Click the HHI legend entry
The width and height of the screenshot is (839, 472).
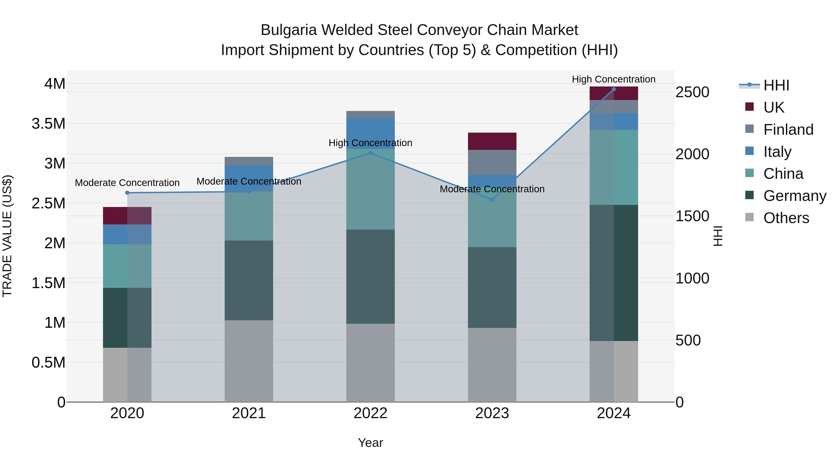tap(776, 85)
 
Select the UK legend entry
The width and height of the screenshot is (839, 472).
tap(774, 107)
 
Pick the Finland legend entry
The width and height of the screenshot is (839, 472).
tap(788, 130)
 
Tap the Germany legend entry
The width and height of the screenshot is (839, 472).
tap(794, 196)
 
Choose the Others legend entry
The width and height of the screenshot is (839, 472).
tap(786, 218)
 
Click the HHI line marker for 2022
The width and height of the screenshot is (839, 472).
tap(370, 153)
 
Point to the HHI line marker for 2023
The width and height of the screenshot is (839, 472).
tap(492, 200)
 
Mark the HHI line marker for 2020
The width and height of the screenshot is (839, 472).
tap(127, 193)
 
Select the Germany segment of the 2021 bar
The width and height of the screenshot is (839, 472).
tap(249, 280)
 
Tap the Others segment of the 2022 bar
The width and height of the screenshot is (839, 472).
tap(370, 362)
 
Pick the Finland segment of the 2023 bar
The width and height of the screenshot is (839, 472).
tap(492, 162)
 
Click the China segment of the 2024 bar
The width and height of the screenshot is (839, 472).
tap(614, 167)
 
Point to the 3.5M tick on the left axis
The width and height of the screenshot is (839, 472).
tap(48, 124)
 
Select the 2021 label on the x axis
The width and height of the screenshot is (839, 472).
tap(249, 413)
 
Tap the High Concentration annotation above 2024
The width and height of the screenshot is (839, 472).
tap(614, 79)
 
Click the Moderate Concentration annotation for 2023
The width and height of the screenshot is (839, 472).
tap(492, 189)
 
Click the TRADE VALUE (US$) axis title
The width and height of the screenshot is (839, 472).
tap(7, 236)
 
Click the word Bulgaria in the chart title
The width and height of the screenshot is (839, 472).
tap(289, 30)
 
